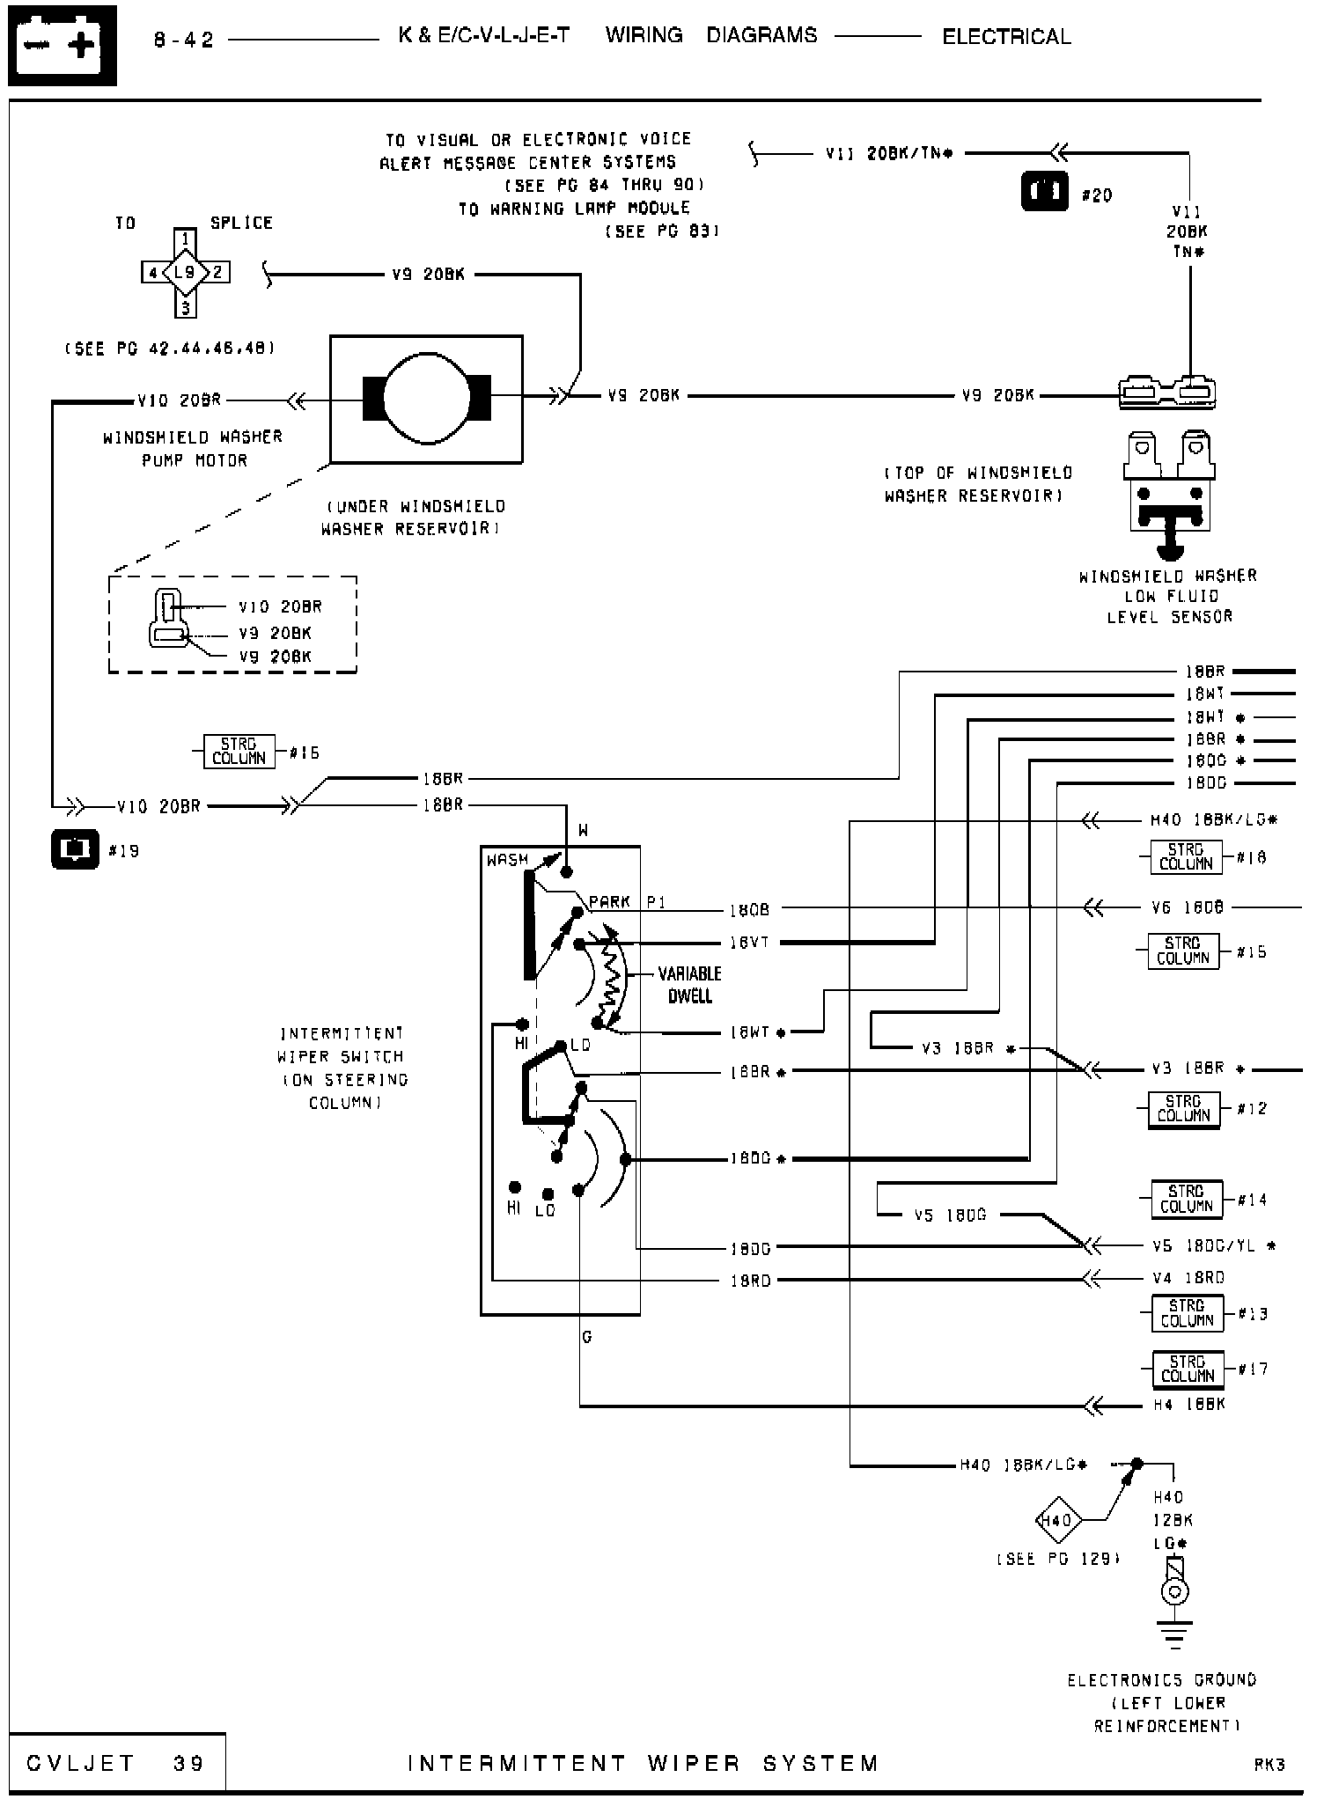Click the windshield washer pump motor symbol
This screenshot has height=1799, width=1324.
point(426,399)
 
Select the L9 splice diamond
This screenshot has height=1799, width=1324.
point(185,272)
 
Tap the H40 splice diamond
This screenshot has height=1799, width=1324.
point(1056,1520)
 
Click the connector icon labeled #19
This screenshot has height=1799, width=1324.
point(75,848)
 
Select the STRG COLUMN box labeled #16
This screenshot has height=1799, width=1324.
point(239,752)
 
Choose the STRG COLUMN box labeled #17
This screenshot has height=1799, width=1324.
point(1188,1369)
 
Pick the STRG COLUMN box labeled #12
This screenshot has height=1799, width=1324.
point(1184,1109)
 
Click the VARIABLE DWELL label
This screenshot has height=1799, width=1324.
point(689,985)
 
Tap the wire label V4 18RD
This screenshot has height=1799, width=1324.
point(1188,1278)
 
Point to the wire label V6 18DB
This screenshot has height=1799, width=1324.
point(1187,907)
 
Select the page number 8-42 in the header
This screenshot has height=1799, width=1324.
point(184,40)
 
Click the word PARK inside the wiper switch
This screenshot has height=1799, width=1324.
point(609,902)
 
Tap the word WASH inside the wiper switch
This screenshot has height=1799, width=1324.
point(508,860)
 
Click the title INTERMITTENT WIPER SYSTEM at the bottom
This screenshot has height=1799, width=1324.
point(644,1764)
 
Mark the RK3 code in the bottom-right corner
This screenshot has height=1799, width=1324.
point(1269,1765)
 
